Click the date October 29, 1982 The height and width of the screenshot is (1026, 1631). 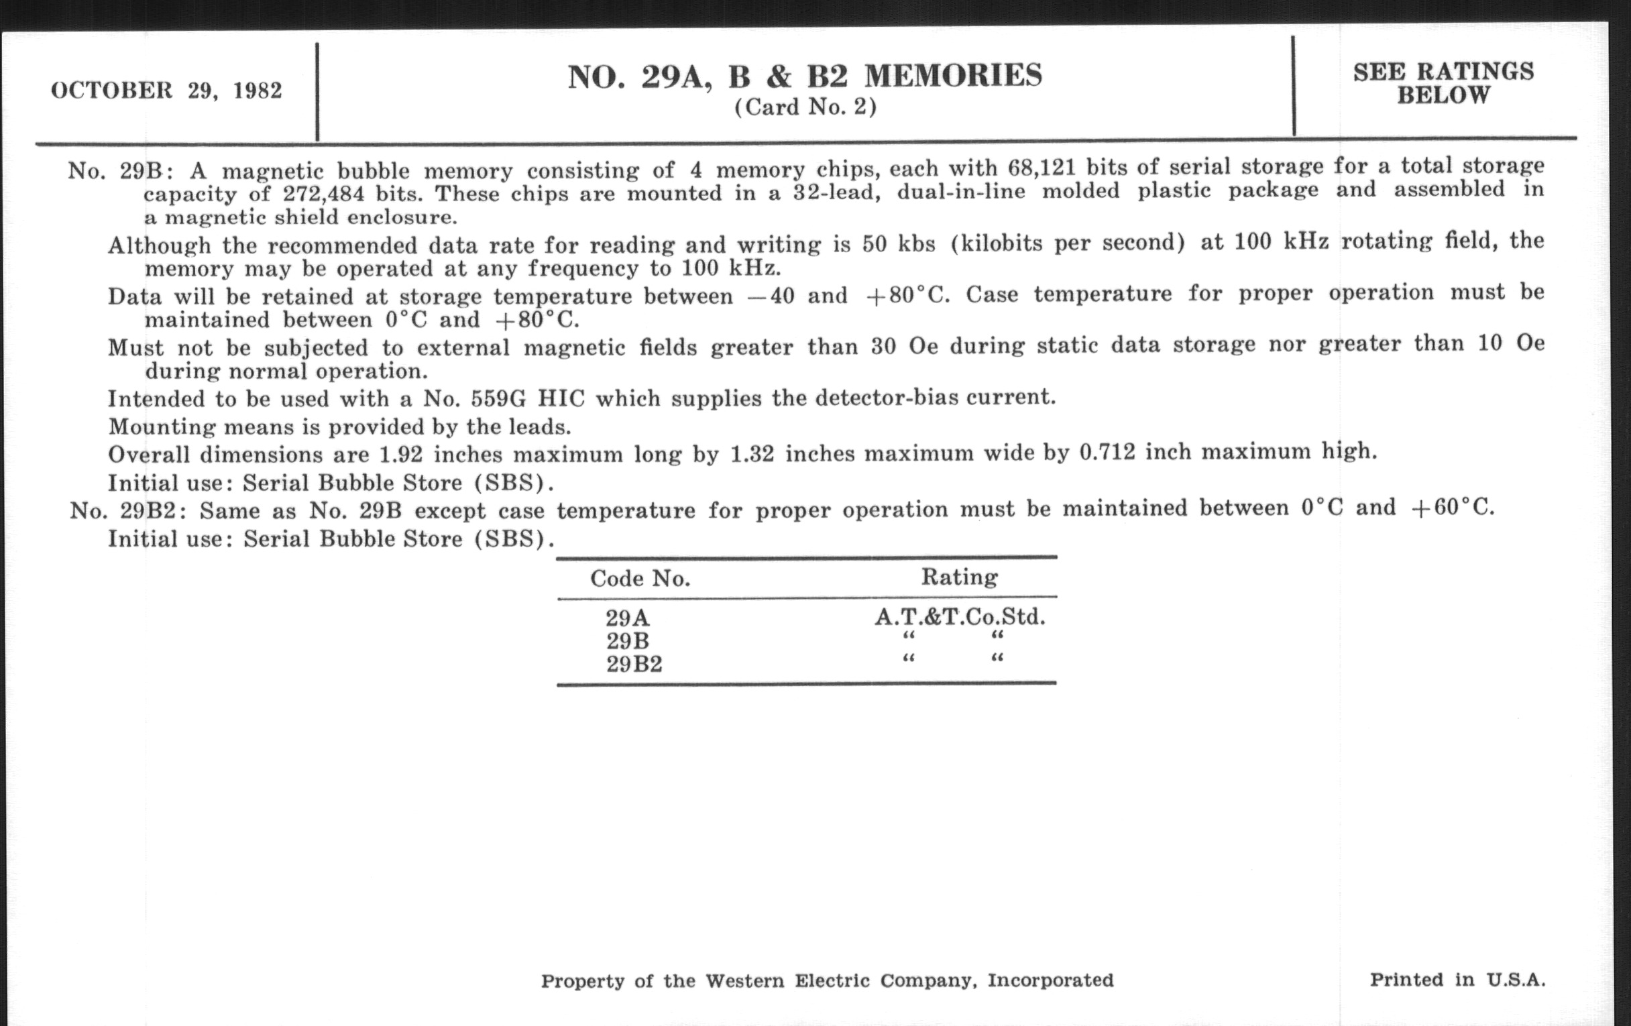[166, 91]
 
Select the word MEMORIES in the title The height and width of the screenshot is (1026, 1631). [954, 76]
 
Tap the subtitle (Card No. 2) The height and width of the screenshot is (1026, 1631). [805, 107]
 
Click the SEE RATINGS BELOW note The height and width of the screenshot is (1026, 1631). [1443, 83]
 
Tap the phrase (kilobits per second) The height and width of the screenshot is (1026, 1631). [1068, 243]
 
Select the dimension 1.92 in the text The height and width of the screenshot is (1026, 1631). [401, 454]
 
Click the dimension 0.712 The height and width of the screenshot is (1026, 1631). [1107, 452]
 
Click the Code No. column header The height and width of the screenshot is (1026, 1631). [640, 578]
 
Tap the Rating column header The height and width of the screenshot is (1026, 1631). [959, 577]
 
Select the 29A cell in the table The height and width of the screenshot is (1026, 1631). [627, 618]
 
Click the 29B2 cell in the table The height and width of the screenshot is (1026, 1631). [634, 664]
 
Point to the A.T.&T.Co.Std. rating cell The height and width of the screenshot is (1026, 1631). [959, 616]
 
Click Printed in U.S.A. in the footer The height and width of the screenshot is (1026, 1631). [1457, 980]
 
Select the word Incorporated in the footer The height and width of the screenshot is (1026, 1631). [1050, 980]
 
